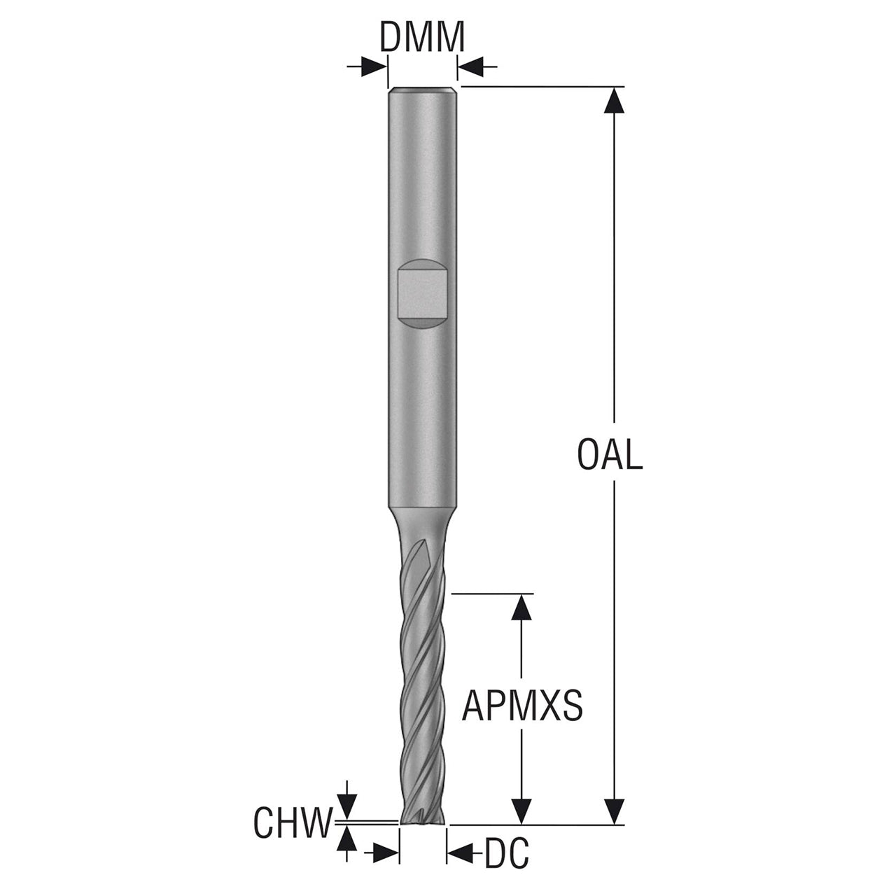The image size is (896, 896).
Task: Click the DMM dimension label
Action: (422, 36)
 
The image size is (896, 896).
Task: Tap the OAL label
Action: (610, 455)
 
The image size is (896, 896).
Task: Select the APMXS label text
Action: (522, 706)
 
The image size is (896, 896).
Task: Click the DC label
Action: (507, 866)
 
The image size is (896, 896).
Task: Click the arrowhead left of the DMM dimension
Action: (374, 67)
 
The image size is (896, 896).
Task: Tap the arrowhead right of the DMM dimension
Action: (470, 67)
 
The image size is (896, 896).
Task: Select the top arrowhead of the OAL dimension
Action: (614, 100)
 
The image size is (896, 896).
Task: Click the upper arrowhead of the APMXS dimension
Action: (521, 607)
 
